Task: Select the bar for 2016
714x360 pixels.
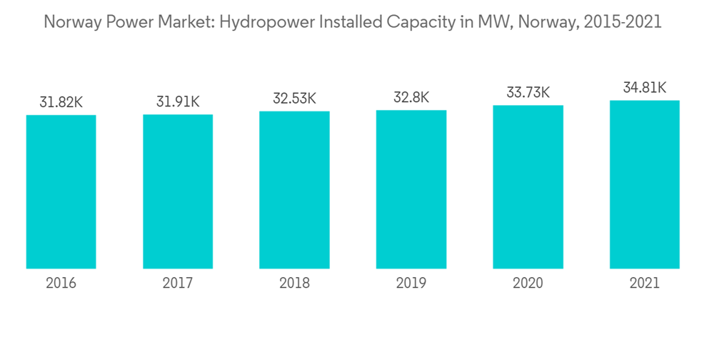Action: click(61, 191)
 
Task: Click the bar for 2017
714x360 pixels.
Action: click(178, 191)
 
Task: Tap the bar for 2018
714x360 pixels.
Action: click(294, 190)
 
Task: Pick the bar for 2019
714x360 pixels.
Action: click(411, 189)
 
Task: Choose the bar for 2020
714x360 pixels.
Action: click(528, 187)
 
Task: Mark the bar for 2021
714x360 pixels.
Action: click(644, 184)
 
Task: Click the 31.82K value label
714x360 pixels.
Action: click(61, 103)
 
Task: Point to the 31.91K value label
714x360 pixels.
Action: click(178, 102)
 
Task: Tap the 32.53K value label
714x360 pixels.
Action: click(294, 99)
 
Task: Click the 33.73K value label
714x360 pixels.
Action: click(528, 93)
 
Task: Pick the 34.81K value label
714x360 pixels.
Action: click(644, 88)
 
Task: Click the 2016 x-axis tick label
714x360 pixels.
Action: click(61, 284)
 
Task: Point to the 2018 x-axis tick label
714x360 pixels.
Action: click(294, 284)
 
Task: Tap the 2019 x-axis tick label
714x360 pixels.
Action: click(411, 284)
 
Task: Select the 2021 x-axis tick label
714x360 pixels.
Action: click(644, 284)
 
